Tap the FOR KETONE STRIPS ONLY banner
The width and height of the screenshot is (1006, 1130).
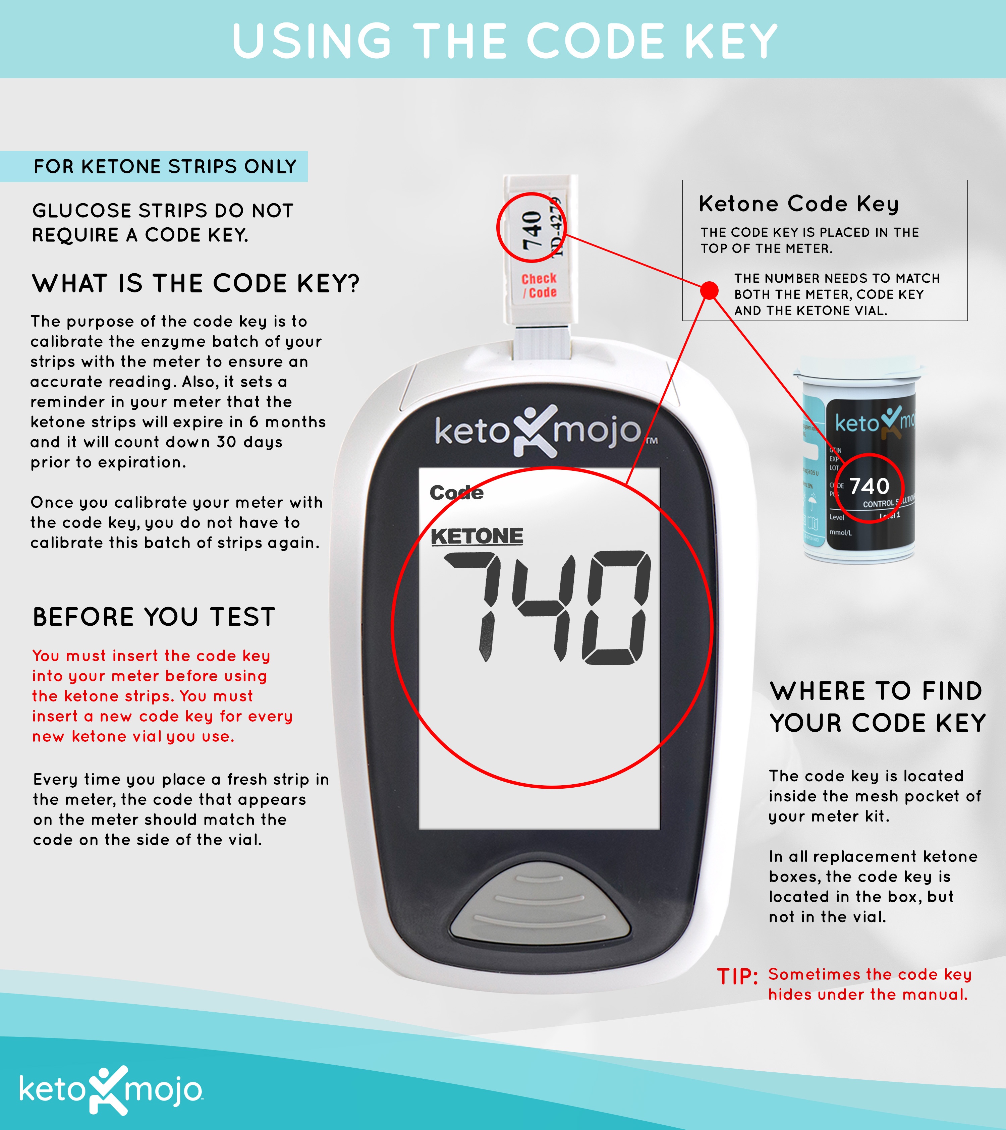(x=165, y=166)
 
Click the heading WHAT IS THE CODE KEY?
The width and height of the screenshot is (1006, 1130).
(x=196, y=284)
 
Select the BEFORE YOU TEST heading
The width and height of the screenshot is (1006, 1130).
(x=154, y=617)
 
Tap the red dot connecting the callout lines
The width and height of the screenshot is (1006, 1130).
(x=709, y=290)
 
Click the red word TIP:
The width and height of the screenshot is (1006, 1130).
(x=737, y=977)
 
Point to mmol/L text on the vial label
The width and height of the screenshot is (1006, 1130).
(x=840, y=532)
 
